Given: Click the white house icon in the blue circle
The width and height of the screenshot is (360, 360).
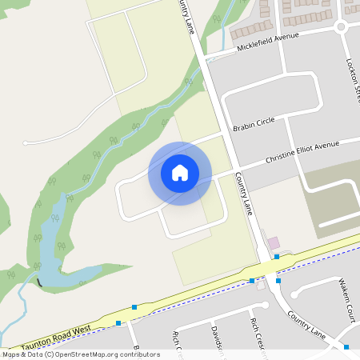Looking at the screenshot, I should pos(180,173).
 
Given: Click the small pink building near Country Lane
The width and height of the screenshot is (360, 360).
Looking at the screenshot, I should pos(274,242).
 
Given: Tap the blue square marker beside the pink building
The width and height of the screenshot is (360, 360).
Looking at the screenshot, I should pos(276,257).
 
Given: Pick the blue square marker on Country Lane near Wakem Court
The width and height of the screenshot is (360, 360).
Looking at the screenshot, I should pos(278,280).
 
